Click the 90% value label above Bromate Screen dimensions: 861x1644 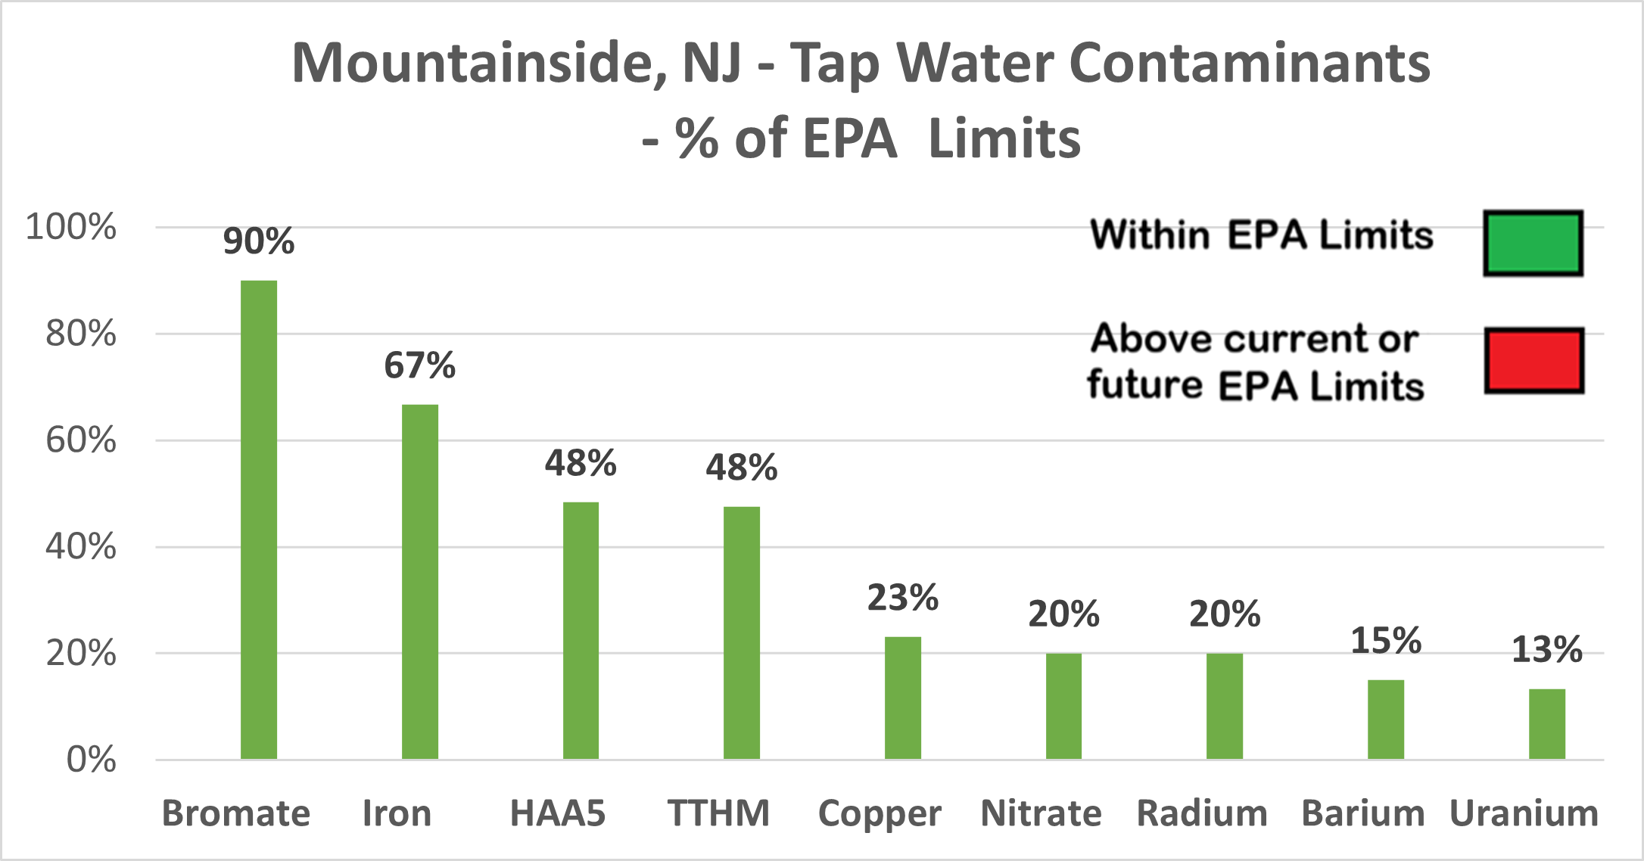point(259,241)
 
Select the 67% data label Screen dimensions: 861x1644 point(420,365)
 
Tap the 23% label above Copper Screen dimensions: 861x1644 point(903,598)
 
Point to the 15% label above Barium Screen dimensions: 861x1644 point(1386,641)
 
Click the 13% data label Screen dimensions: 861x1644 point(1547,650)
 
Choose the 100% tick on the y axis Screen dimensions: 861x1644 point(71,227)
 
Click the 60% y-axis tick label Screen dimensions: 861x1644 point(81,440)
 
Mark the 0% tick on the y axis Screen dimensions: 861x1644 point(92,760)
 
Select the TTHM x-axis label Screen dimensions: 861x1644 point(718,814)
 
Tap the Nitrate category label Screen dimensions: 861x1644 point(1041,814)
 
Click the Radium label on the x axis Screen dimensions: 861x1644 point(1202,814)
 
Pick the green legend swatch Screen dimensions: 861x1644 point(1533,243)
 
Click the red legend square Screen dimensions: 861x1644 point(1533,360)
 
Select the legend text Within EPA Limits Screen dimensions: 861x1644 point(1262,235)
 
